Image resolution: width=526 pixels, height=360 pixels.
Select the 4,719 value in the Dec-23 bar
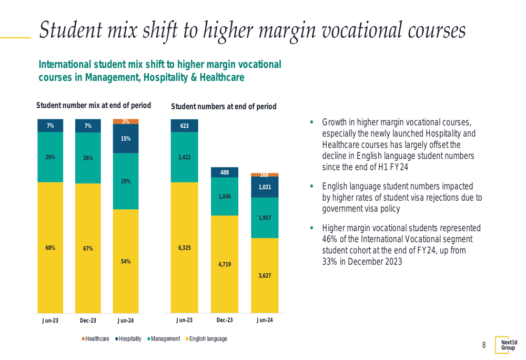pyautogui.click(x=225, y=264)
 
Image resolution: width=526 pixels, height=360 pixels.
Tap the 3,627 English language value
pyautogui.click(x=265, y=275)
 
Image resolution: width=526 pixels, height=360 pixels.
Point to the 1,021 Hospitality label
pyautogui.click(x=265, y=187)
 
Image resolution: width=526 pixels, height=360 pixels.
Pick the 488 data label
pyautogui.click(x=225, y=172)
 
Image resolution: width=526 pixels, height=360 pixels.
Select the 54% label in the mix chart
pyautogui.click(x=126, y=261)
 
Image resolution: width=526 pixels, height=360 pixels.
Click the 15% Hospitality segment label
pyautogui.click(x=126, y=139)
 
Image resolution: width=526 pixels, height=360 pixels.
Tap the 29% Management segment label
pyautogui.click(x=126, y=181)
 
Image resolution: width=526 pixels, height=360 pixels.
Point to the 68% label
pyautogui.click(x=50, y=248)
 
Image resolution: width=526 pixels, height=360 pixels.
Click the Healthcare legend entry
pyautogui.click(x=95, y=339)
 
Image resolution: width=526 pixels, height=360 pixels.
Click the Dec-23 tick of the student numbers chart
pyautogui.click(x=225, y=320)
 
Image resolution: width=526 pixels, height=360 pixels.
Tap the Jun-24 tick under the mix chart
pyautogui.click(x=126, y=320)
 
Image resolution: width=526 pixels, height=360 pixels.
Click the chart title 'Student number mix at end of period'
pyautogui.click(x=93, y=105)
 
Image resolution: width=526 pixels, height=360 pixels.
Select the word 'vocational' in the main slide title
pyautogui.click(x=347, y=30)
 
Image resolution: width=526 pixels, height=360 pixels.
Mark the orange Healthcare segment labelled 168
pyautogui.click(x=265, y=174)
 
